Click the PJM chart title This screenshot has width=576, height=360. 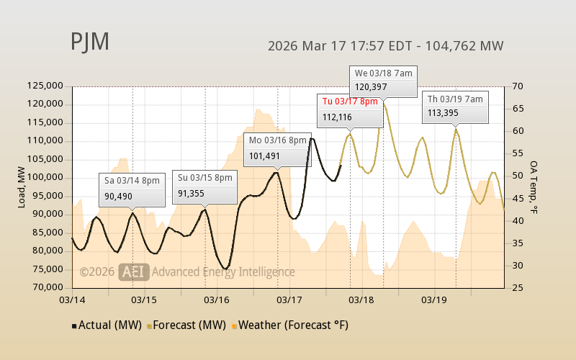click(90, 42)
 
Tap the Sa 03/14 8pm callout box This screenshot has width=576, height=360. click(132, 189)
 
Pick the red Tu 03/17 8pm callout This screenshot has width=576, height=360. click(349, 109)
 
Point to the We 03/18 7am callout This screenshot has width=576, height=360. click(383, 81)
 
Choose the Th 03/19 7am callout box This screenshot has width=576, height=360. click(456, 106)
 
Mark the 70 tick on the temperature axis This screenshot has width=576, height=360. click(518, 86)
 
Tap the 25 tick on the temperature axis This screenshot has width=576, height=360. click(518, 287)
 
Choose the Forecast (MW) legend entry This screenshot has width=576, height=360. click(186, 325)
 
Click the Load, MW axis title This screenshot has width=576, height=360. click(22, 186)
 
